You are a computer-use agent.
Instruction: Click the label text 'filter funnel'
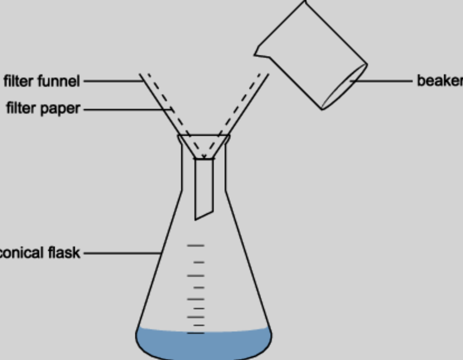click(x=42, y=81)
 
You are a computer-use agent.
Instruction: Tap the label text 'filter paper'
click(x=43, y=108)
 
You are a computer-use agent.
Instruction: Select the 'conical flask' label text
click(x=40, y=253)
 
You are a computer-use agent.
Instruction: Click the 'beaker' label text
click(x=440, y=81)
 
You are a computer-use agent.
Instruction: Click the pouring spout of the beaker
click(x=259, y=54)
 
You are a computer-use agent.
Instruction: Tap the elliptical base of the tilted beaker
click(x=344, y=87)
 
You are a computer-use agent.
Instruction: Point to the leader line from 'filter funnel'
click(x=112, y=81)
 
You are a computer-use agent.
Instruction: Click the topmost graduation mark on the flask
click(x=196, y=245)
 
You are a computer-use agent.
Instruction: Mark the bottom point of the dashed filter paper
click(x=204, y=157)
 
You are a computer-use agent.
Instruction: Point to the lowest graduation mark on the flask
click(x=196, y=333)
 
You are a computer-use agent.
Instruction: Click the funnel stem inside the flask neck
click(x=204, y=187)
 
